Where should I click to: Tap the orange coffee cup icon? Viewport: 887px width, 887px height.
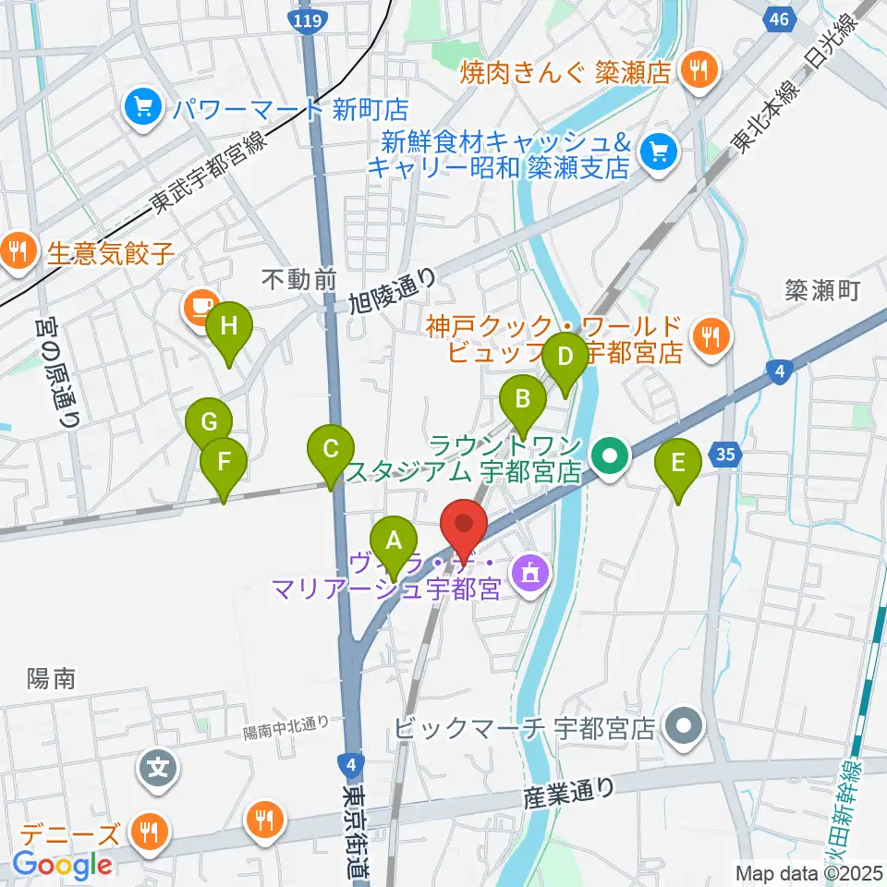200,307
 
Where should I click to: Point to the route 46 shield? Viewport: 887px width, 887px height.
779,18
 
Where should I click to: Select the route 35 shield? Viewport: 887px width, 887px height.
726,453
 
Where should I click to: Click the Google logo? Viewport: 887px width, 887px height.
62,866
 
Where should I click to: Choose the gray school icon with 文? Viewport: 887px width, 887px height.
158,766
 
